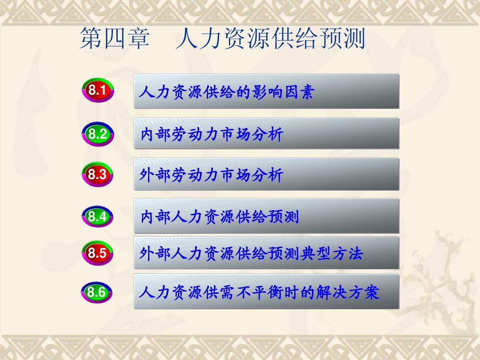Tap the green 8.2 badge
tap(97, 134)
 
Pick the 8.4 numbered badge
tap(97, 217)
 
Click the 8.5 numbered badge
tap(97, 253)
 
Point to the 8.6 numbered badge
tap(97, 292)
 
